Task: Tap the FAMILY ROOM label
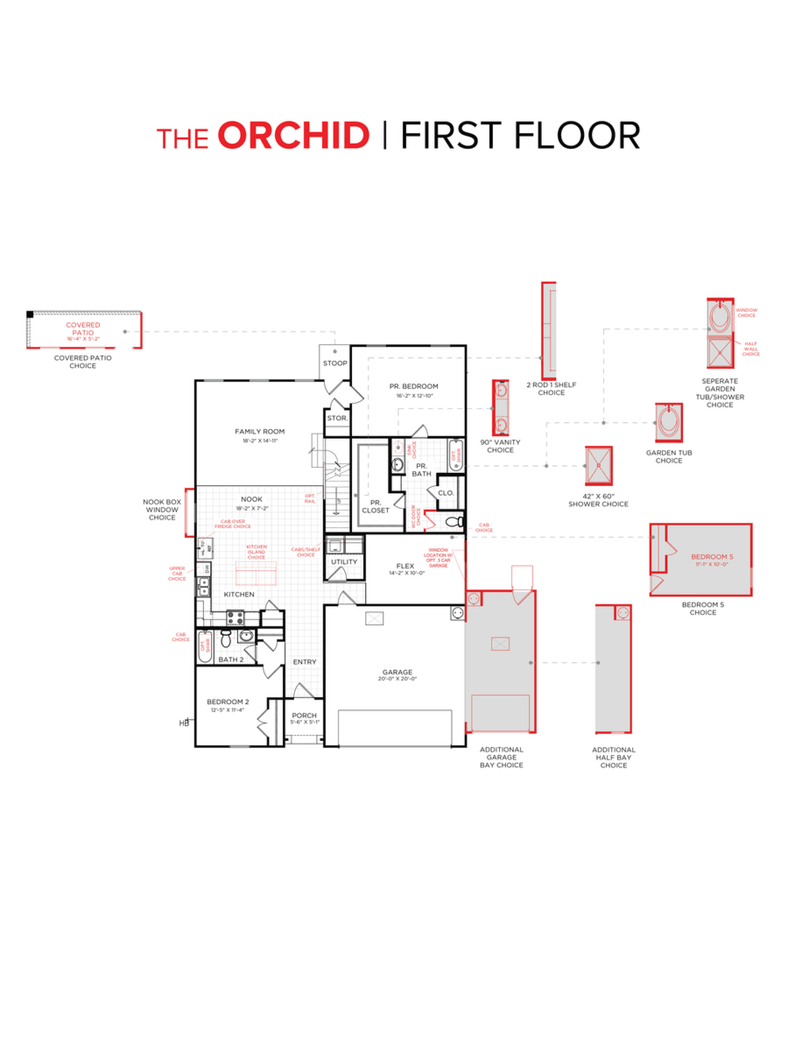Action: [x=259, y=431]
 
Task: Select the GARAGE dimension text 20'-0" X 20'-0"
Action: [x=397, y=679]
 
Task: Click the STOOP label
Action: [x=335, y=363]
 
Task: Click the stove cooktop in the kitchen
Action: [x=235, y=618]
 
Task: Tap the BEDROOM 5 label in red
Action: [x=708, y=556]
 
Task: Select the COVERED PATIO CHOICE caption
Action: [x=82, y=362]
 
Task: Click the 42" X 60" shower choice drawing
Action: [x=598, y=466]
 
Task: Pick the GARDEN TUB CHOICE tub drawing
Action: [x=669, y=422]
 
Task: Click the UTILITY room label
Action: [x=344, y=562]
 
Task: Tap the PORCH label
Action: [x=304, y=715]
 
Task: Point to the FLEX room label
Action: [x=405, y=566]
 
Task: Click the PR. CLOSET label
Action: [x=375, y=506]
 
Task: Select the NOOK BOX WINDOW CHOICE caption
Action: [x=162, y=509]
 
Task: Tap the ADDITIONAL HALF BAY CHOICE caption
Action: [x=613, y=757]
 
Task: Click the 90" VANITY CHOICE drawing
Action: [x=500, y=408]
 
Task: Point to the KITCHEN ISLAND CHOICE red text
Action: [x=256, y=552]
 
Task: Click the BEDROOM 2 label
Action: [x=227, y=701]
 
